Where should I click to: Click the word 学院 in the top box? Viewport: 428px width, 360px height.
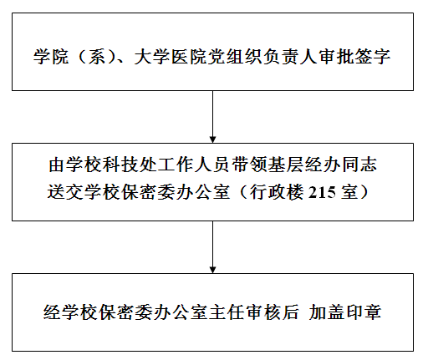[x=51, y=57]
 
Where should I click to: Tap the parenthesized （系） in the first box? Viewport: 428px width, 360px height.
[x=96, y=57]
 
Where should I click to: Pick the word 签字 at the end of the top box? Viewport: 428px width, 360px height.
[x=372, y=57]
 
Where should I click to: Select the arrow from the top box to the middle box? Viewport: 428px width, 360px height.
[x=212, y=117]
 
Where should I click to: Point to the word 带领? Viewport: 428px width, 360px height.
[x=250, y=165]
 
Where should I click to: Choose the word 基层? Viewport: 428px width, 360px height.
[x=286, y=165]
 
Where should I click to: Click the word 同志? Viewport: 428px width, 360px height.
[x=359, y=165]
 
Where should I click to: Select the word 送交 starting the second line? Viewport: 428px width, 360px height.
[x=65, y=192]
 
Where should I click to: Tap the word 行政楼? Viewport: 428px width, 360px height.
[x=277, y=192]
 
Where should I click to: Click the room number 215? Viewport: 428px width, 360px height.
[x=322, y=192]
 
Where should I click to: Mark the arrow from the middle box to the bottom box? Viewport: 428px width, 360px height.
[x=212, y=247]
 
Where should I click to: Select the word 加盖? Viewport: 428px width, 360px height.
[x=327, y=312]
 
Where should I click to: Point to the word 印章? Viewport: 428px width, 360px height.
[x=364, y=312]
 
